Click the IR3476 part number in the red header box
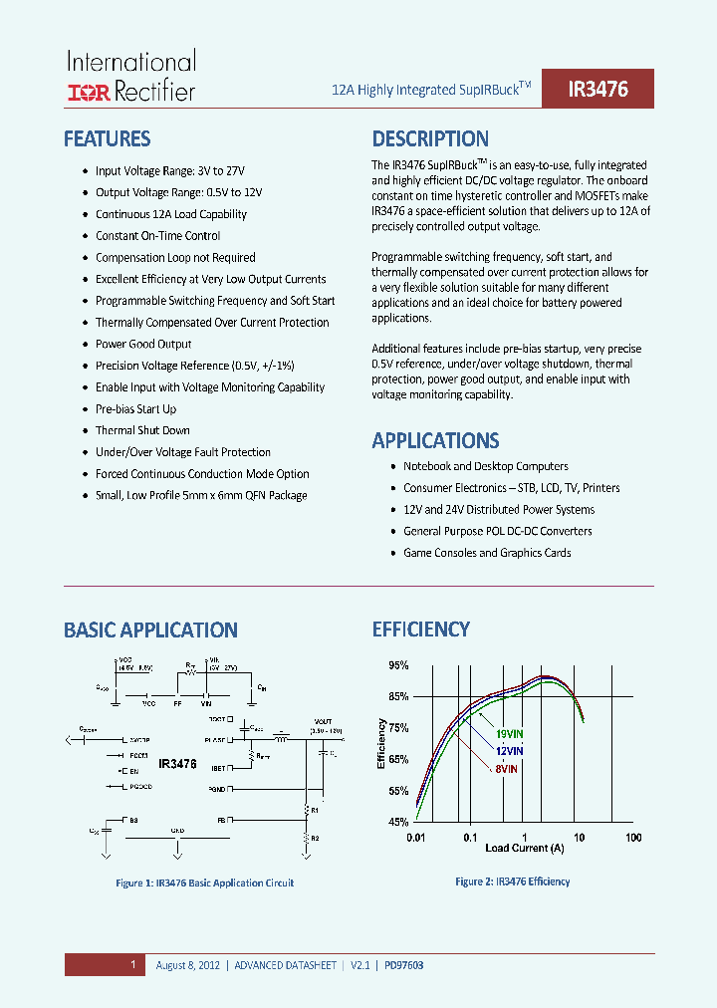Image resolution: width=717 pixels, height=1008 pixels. coord(597,89)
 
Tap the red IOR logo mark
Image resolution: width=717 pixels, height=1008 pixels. coord(89,94)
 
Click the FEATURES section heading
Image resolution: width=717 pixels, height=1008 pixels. coord(107,138)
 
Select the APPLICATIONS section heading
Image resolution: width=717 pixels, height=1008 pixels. coord(435,440)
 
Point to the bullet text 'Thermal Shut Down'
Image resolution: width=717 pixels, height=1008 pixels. coord(142,430)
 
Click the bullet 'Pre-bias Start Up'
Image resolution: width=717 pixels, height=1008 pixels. coord(135,409)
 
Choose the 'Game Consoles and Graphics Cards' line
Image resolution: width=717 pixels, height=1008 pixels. coord(487,553)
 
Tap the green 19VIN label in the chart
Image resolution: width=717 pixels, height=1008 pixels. coord(509,734)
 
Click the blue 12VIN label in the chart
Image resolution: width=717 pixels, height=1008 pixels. coord(509,750)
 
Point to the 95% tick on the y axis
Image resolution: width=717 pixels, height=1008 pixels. coord(398,665)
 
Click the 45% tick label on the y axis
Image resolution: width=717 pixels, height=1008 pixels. coord(398,823)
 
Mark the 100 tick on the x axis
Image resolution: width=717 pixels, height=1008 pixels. coord(633,838)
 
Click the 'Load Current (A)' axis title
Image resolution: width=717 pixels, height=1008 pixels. coord(524,849)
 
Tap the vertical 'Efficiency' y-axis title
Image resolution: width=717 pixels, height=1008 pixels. coord(381,743)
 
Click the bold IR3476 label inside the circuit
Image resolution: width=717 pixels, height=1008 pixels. coord(178,764)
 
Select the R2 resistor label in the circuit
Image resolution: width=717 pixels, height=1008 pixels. coord(315,839)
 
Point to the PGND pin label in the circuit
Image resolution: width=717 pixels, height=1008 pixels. coord(216,789)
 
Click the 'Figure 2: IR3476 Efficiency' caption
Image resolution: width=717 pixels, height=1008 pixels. coord(512,882)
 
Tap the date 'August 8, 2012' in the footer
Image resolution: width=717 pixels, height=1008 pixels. coord(188,965)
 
